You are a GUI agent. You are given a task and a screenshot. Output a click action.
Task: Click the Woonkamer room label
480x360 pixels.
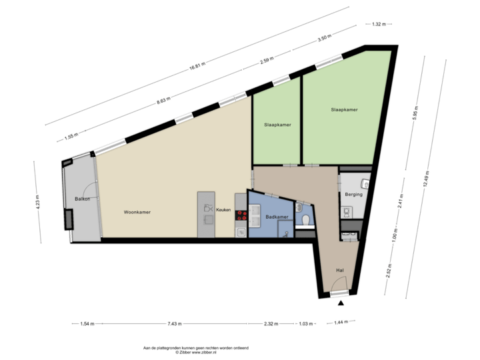coord(137,213)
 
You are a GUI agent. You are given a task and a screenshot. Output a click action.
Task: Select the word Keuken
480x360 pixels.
coord(223,209)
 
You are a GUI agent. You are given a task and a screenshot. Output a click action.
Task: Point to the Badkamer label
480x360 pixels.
coord(276,217)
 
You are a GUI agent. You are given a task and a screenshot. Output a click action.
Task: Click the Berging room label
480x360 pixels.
coord(353,195)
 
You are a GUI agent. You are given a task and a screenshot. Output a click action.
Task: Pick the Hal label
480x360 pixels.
coord(340,270)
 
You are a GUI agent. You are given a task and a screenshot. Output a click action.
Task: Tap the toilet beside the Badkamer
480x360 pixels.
coord(305,219)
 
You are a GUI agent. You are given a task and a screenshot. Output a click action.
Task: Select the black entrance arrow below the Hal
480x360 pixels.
coord(341,303)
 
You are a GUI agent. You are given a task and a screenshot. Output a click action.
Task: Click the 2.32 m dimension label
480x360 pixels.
coord(270,324)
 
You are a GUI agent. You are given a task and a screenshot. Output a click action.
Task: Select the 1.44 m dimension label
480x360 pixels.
coord(341,323)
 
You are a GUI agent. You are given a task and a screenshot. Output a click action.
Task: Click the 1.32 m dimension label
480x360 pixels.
coord(379,25)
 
